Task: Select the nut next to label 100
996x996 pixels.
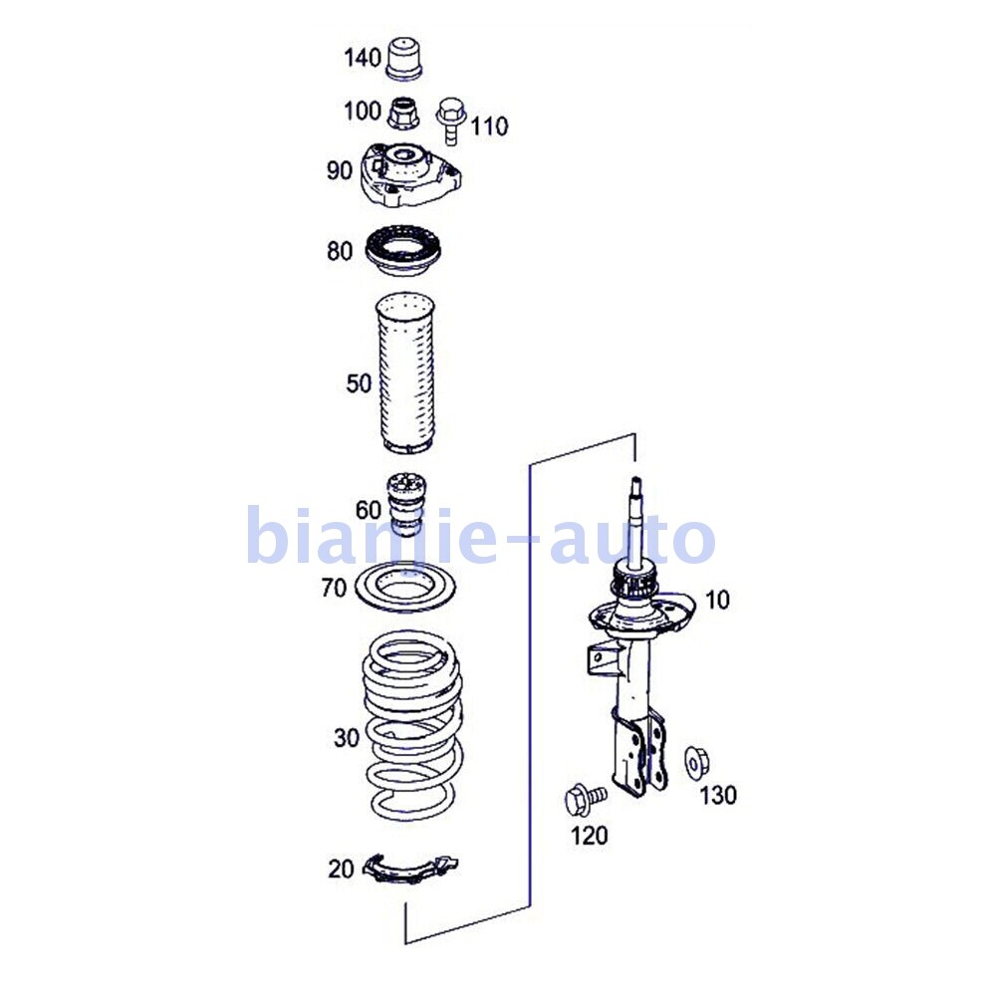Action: (403, 113)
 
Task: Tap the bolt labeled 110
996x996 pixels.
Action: (451, 121)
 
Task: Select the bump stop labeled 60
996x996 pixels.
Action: (406, 504)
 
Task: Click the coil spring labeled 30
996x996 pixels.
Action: (412, 725)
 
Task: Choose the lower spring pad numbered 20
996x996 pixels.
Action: (410, 869)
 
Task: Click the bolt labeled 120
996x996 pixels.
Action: (585, 799)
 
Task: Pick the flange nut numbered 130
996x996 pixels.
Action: (697, 764)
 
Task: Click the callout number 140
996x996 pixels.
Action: (363, 58)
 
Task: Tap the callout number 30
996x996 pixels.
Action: (347, 737)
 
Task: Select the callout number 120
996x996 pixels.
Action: (589, 836)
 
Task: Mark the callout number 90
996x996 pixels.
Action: (340, 170)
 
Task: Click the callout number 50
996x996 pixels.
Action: (359, 383)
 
